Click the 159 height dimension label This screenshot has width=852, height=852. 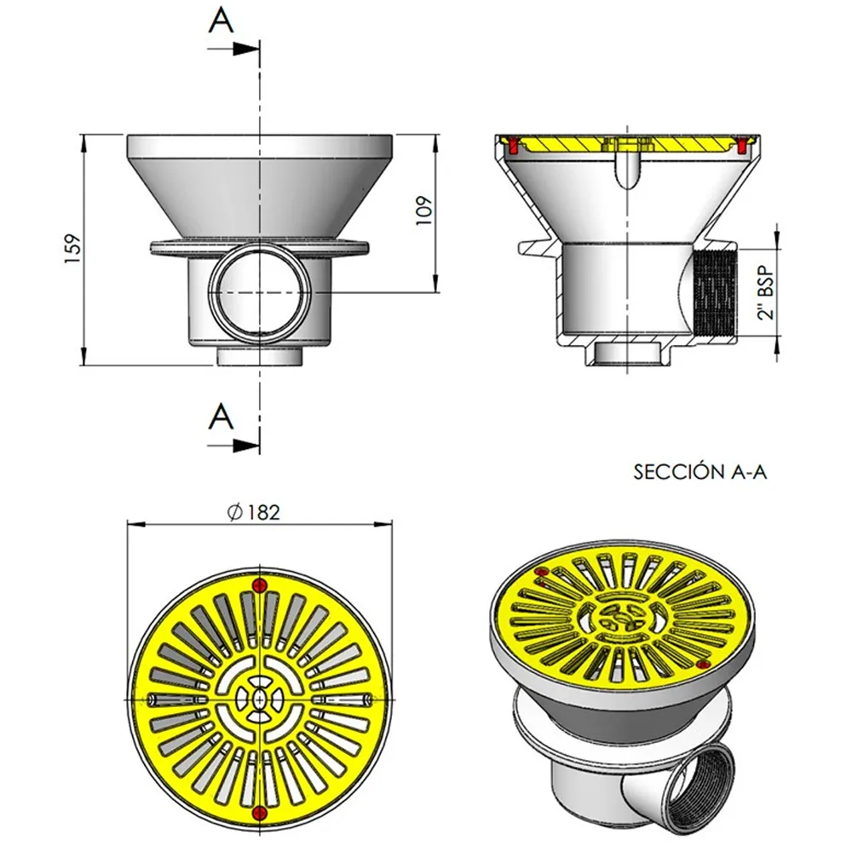coord(72,250)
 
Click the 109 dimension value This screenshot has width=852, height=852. coord(423,210)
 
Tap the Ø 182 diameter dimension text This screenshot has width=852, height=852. coord(254,512)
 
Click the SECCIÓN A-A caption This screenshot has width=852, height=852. coord(699,472)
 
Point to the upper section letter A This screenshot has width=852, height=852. coord(222,21)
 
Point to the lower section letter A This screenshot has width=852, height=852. coord(222,417)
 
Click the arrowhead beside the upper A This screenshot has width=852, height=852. coord(245,49)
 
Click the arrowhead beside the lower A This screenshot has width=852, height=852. coord(245,446)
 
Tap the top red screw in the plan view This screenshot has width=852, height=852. coord(260,585)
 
